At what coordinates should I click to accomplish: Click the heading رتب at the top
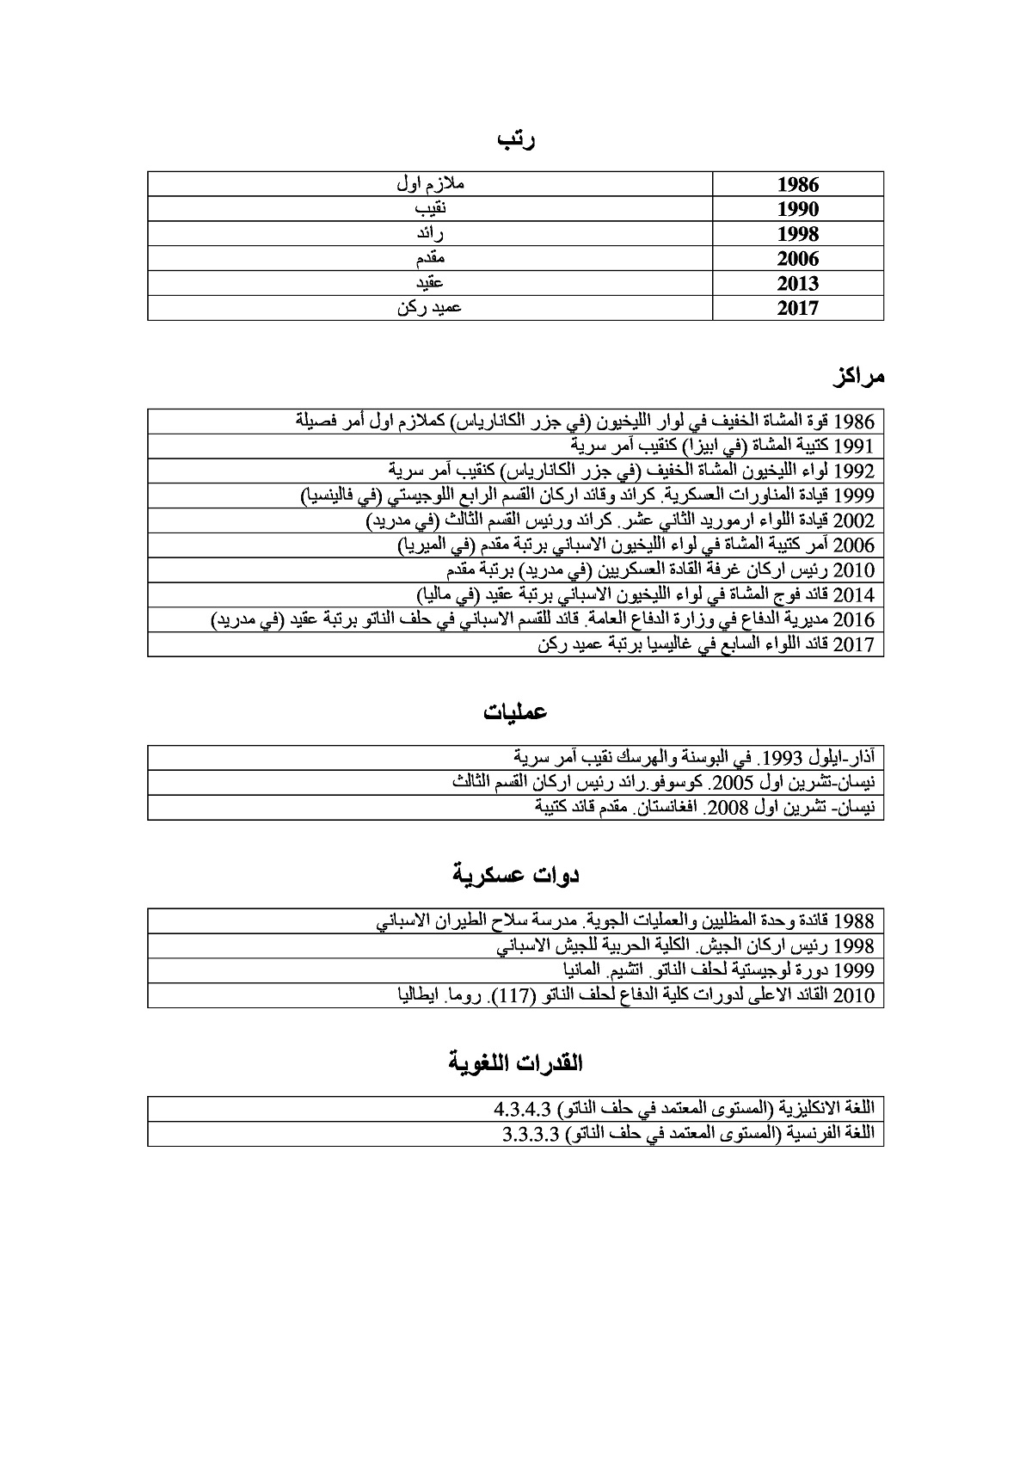[517, 141]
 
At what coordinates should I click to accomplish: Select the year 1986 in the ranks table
[798, 185]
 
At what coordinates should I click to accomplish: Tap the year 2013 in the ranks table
[798, 284]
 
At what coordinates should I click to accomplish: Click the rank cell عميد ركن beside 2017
[429, 308]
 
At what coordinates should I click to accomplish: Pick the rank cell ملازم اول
[430, 184]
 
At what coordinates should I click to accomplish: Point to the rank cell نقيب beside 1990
[430, 209]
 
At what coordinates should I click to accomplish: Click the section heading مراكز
[857, 377]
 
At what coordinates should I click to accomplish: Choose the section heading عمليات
[515, 713]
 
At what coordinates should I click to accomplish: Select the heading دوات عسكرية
[516, 876]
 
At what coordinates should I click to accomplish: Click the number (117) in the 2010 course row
[543, 996]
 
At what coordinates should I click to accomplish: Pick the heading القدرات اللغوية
[516, 1063]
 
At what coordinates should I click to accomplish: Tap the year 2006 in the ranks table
[798, 259]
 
